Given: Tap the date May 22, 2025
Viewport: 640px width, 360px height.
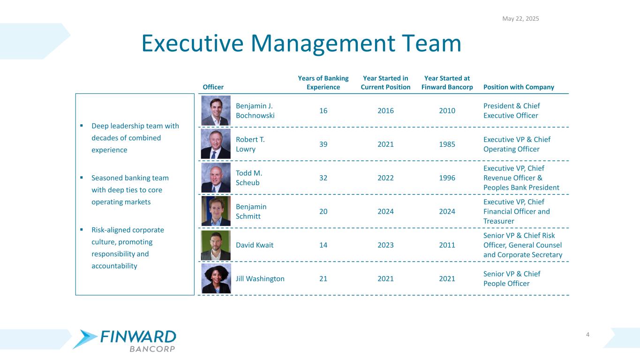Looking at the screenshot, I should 520,19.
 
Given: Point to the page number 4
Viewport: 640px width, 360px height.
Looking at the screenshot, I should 587,334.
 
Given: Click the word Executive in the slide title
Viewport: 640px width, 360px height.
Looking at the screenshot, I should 193,44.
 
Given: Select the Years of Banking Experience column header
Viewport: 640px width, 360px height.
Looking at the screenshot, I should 323,82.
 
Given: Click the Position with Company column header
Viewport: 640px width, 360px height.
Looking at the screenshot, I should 519,87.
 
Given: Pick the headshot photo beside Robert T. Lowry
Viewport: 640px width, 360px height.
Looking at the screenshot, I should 216,144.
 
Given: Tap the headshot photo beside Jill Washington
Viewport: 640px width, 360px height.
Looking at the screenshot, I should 216,278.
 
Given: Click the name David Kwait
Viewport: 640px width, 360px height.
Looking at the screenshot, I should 255,245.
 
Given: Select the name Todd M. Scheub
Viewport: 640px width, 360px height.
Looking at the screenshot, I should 249,178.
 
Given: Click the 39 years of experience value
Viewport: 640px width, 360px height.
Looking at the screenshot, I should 323,144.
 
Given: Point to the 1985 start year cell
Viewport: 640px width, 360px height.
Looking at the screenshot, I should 447,144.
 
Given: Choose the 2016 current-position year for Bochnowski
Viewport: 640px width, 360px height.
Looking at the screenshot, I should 385,111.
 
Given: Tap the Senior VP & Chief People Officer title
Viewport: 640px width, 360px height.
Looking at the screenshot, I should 512,278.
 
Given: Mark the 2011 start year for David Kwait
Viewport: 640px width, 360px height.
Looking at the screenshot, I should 447,245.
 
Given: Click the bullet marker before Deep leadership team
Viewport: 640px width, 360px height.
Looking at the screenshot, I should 82,126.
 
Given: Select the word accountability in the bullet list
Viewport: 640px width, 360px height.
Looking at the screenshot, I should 114,266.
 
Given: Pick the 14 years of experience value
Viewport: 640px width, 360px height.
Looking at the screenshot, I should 323,245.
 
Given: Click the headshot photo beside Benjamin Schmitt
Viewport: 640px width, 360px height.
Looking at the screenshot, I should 216,211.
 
